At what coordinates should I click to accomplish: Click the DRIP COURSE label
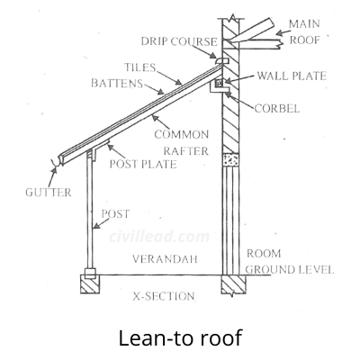click(179, 41)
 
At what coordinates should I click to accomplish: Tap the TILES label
click(140, 67)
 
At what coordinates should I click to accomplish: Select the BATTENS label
click(117, 83)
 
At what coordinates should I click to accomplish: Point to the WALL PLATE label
click(292, 76)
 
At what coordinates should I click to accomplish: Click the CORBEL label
click(276, 108)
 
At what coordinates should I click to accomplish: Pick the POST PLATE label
click(143, 164)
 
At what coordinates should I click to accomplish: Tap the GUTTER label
click(49, 193)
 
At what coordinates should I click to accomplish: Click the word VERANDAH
click(165, 259)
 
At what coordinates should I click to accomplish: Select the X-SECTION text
click(164, 296)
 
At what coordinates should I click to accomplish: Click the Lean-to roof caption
click(180, 338)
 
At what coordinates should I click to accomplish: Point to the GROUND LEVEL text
click(290, 269)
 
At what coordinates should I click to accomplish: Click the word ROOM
click(264, 254)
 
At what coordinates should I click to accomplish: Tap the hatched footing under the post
click(90, 284)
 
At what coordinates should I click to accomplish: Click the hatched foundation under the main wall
click(233, 284)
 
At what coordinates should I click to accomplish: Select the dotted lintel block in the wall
click(230, 160)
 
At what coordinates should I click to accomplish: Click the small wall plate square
click(220, 83)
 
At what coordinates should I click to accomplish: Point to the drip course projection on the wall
click(222, 60)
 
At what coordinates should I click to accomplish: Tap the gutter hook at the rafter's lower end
click(56, 162)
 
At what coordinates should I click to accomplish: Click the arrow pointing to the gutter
click(52, 177)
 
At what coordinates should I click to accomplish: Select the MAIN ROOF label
click(304, 31)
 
